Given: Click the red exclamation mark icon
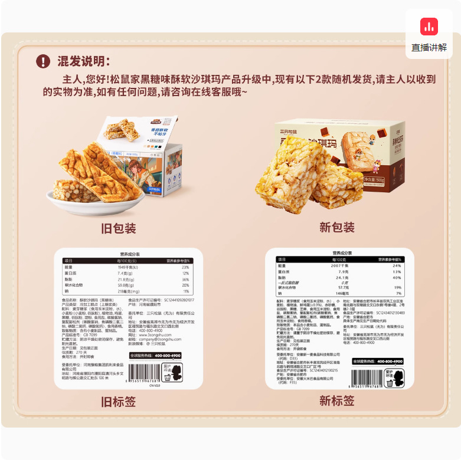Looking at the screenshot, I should pyautogui.click(x=42, y=61).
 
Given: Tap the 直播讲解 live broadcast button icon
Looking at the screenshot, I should pyautogui.click(x=429, y=27).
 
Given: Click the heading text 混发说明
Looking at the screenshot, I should pyautogui.click(x=83, y=61).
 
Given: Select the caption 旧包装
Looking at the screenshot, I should pyautogui.click(x=119, y=228).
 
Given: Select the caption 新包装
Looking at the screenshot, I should pyautogui.click(x=336, y=228).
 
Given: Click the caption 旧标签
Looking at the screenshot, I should pyautogui.click(x=119, y=402).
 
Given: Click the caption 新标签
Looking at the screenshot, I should pyautogui.click(x=336, y=401).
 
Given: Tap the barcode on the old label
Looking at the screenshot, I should pyautogui.click(x=143, y=373).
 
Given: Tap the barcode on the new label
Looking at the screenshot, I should pyautogui.click(x=367, y=377).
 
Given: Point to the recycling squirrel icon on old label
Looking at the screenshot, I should pyautogui.click(x=172, y=372).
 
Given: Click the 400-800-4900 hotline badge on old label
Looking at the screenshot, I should pyautogui.click(x=155, y=356).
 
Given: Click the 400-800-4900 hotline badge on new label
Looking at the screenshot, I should pyautogui.click(x=378, y=361).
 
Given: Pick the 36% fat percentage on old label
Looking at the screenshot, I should pyautogui.click(x=185, y=280).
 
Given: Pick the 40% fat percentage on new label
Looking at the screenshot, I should pyautogui.click(x=397, y=277).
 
